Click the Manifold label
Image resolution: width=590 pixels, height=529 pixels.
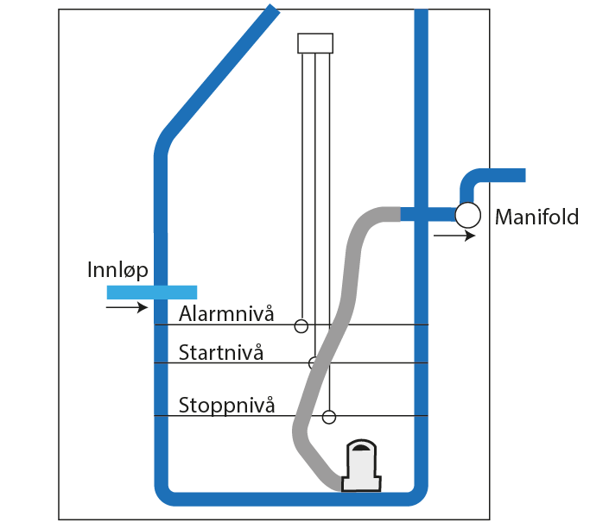coord(536,217)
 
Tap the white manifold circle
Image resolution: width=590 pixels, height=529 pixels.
coord(467,214)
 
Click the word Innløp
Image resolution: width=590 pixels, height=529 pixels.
coord(117,270)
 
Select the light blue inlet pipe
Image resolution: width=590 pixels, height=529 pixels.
coord(152,292)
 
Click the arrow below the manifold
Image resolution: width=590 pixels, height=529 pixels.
coord(454,236)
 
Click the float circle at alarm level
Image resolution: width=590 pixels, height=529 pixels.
coord(301,326)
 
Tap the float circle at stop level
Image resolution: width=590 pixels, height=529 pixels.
coord(328,418)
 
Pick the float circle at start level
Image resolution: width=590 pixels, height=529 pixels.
coord(314,362)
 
